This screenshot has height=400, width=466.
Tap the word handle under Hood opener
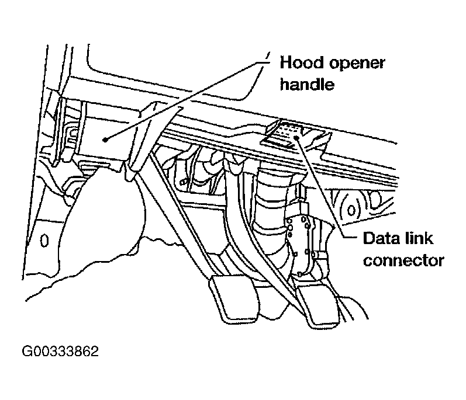coord(307,84)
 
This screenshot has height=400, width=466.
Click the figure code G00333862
coord(60,353)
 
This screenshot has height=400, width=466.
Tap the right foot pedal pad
coord(316,304)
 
